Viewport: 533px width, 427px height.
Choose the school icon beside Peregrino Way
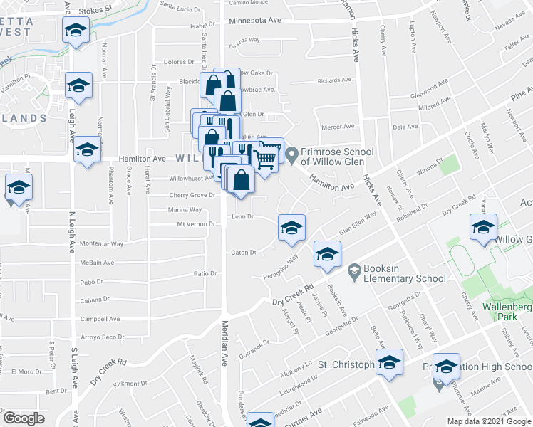coord(327,255)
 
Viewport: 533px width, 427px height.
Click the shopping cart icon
coord(264,159)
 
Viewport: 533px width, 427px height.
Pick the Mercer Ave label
coord(338,127)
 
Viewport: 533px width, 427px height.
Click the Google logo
coord(24,418)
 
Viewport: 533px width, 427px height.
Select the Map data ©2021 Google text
coord(489,421)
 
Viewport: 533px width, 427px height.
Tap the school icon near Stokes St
coord(75,31)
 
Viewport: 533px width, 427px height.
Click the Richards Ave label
coord(335,81)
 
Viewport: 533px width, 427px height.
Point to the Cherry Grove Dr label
coord(192,195)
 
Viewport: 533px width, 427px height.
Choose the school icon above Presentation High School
coord(446,367)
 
